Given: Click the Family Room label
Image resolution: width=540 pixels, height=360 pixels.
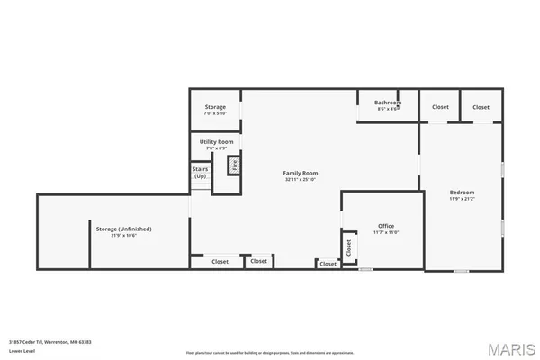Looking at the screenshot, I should point(301,173).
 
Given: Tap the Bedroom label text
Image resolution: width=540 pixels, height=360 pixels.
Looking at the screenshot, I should point(462,193).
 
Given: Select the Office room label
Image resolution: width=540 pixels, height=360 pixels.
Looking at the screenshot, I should point(385,226).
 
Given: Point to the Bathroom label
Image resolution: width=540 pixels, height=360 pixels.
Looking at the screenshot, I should point(388,103).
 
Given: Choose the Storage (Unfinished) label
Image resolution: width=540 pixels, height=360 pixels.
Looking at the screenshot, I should point(123,229).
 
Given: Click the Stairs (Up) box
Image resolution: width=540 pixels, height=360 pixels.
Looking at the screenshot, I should point(200,172).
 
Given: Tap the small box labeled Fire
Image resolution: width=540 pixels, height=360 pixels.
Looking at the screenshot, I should point(234,165).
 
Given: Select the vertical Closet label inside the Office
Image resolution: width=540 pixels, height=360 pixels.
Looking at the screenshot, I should point(347,246).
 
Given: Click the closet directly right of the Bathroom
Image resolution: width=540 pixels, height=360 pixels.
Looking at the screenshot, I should point(439,107).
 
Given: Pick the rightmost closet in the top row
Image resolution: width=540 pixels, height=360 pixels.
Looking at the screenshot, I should point(481,107).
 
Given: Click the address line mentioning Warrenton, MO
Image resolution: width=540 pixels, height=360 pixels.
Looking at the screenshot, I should point(50,342).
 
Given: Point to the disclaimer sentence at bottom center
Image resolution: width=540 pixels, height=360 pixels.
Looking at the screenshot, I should point(269,352).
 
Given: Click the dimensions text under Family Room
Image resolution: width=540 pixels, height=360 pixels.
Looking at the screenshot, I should point(301,180).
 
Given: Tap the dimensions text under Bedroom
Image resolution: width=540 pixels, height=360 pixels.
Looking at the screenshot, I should point(462,199).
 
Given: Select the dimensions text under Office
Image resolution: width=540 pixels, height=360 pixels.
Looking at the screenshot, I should point(385,232).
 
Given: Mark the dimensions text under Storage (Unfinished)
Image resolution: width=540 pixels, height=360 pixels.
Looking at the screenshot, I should point(123,235).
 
